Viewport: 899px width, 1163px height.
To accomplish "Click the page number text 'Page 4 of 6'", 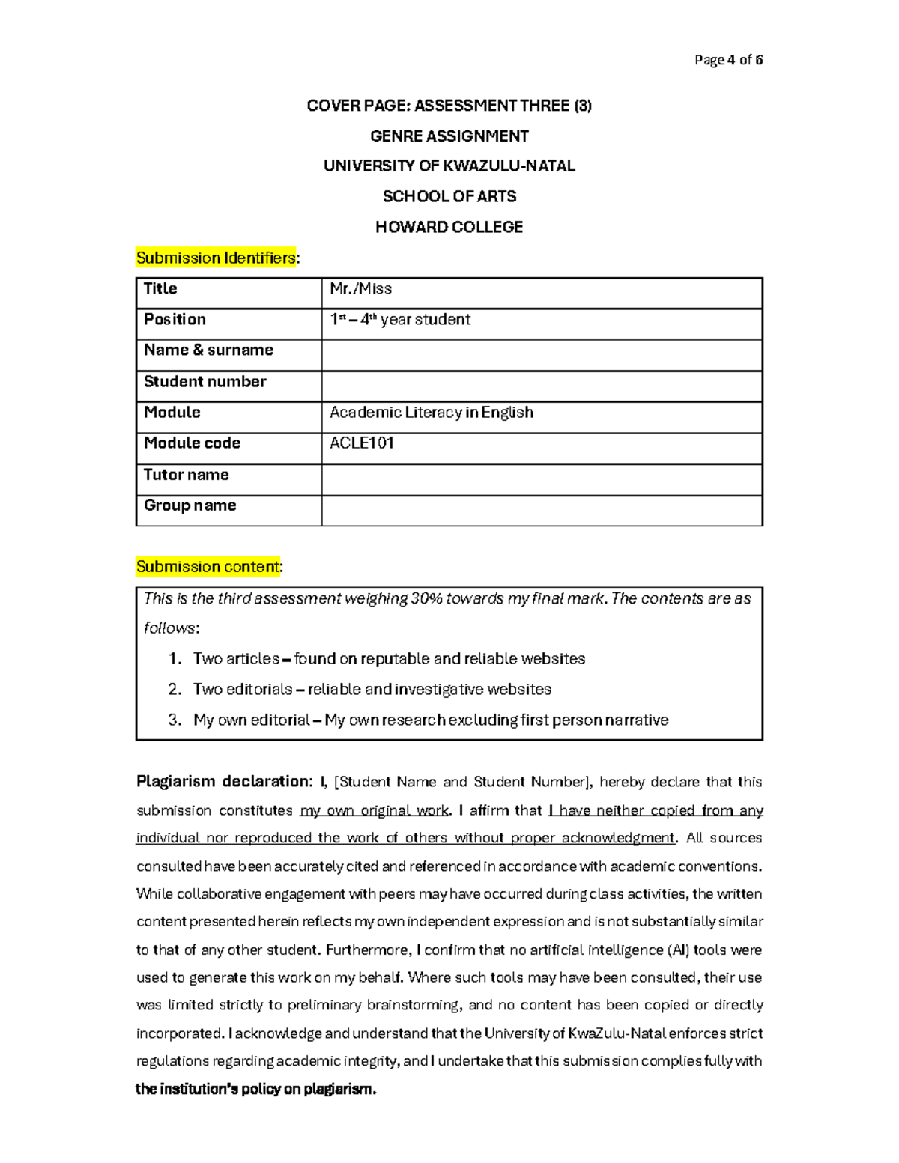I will coord(728,60).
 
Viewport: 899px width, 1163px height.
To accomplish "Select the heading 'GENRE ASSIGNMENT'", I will coord(449,136).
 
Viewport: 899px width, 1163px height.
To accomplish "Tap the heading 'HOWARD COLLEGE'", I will coord(449,227).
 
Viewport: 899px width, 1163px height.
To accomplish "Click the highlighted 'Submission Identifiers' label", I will coord(216,258).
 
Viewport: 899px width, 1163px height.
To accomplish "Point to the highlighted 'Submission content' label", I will coord(208,567).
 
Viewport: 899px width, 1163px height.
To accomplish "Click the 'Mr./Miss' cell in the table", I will coord(361,289).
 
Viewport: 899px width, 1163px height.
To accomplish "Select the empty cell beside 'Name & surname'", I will coord(542,355).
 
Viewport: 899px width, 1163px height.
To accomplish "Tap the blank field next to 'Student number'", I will coord(542,386).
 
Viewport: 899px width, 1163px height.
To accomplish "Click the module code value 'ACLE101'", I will coord(362,443).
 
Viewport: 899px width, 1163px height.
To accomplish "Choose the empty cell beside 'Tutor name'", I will coord(542,479).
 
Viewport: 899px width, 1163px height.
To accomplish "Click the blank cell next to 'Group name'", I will coord(542,510).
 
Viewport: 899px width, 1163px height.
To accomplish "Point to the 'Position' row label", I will coord(175,320).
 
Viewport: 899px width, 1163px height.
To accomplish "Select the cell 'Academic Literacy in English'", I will coord(432,413).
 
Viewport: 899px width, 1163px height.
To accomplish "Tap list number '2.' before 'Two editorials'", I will coord(175,690).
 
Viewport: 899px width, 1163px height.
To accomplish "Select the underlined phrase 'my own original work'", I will coord(374,810).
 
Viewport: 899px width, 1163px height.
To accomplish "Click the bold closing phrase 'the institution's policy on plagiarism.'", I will coord(255,1090).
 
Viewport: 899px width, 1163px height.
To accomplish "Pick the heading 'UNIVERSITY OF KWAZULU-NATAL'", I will coord(449,166).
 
